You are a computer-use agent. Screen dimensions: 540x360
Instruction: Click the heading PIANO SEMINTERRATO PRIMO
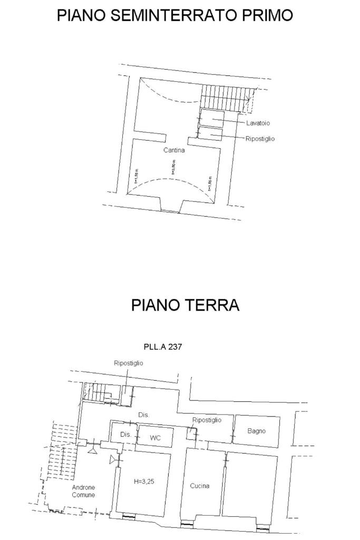[174, 15]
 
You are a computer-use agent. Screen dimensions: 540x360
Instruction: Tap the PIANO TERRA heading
[185, 305]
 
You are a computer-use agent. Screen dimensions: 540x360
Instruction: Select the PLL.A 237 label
[163, 347]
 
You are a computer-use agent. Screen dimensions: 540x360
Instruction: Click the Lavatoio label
[258, 123]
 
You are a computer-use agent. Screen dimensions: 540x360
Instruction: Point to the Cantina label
[174, 150]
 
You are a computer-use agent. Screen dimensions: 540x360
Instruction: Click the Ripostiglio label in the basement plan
[260, 139]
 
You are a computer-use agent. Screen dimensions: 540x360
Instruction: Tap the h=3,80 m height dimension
[173, 167]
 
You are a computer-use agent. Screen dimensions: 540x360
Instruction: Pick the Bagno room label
[257, 431]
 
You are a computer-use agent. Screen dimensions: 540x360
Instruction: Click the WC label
[155, 437]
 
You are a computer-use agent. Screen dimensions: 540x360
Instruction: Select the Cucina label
[199, 486]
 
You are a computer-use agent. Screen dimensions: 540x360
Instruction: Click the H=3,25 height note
[143, 481]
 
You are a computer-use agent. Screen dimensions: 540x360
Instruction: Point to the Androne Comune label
[83, 491]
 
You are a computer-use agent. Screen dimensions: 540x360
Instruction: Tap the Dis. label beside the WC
[125, 435]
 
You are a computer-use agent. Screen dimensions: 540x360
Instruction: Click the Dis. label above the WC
[144, 415]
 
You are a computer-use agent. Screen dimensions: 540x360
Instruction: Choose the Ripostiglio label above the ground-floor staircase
[129, 363]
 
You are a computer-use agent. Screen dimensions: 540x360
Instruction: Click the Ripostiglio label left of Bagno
[207, 420]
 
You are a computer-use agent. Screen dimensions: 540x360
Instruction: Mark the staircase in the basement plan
[224, 98]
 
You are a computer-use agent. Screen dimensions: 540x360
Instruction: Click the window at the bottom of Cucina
[186, 524]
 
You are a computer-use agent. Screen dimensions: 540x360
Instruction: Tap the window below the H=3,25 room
[129, 517]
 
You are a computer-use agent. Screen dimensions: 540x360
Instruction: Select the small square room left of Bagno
[191, 433]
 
